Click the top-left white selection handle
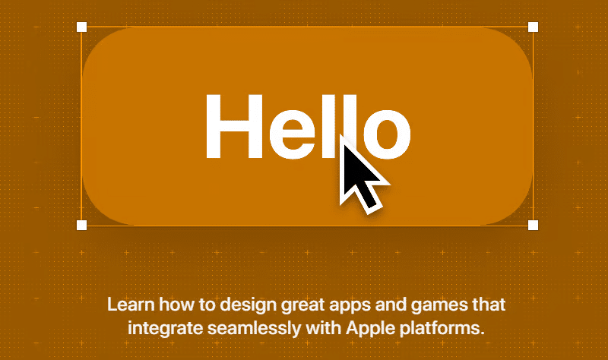point(82,27)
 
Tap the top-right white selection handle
point(533,27)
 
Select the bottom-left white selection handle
point(82,225)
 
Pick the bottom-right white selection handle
point(533,225)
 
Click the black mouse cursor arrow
point(359,176)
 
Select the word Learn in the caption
point(128,305)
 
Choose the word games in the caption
point(435,307)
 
